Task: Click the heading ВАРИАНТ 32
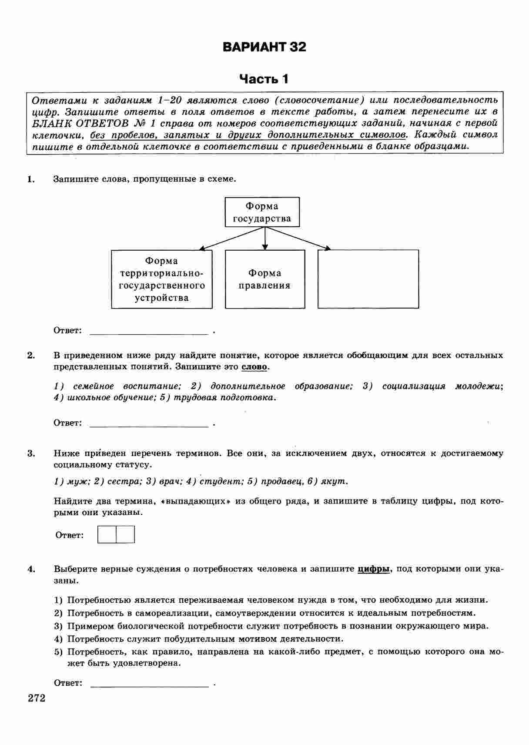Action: pos(264,47)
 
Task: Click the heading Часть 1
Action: pos(264,79)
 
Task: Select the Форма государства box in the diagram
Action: pos(262,212)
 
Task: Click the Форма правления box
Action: pos(264,279)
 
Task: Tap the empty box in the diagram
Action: pos(368,279)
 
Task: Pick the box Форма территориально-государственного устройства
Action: pos(161,279)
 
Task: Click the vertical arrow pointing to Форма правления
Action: pos(265,238)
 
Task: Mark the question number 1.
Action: pos(30,179)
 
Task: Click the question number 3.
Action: pos(30,453)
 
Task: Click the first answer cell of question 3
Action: pos(107,534)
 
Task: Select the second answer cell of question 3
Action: pos(125,534)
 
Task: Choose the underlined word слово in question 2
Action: pos(254,367)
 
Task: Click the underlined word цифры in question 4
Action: pos(373,569)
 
